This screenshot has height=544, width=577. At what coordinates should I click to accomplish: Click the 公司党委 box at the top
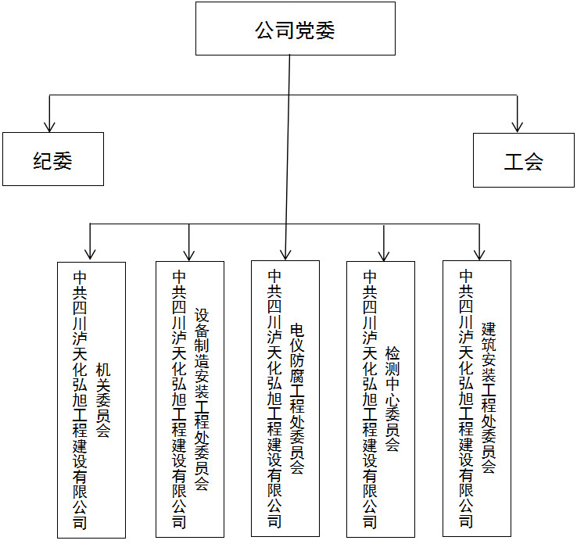(x=296, y=30)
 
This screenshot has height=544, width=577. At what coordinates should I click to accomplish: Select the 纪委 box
(x=52, y=159)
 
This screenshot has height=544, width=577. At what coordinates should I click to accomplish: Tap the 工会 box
(x=523, y=160)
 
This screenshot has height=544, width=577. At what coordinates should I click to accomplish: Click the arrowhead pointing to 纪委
(x=50, y=124)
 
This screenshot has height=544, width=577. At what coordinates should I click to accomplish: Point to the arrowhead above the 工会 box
(x=517, y=124)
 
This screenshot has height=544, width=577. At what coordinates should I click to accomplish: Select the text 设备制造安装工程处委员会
(x=201, y=398)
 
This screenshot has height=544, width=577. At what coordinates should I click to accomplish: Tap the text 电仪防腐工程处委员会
(x=296, y=399)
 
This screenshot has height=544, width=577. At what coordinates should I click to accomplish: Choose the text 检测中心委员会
(x=392, y=399)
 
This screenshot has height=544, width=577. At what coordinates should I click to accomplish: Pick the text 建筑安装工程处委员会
(x=489, y=398)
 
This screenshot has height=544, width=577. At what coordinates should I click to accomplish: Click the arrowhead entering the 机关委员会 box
(x=91, y=252)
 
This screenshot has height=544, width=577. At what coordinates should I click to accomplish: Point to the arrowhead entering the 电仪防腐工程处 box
(x=286, y=252)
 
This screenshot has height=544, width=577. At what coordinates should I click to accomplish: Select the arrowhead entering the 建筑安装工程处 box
(x=479, y=252)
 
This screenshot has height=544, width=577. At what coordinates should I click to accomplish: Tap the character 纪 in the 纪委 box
(x=42, y=160)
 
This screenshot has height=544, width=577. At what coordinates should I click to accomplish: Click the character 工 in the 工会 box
(x=513, y=161)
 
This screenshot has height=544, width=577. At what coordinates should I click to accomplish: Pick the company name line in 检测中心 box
(x=370, y=399)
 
